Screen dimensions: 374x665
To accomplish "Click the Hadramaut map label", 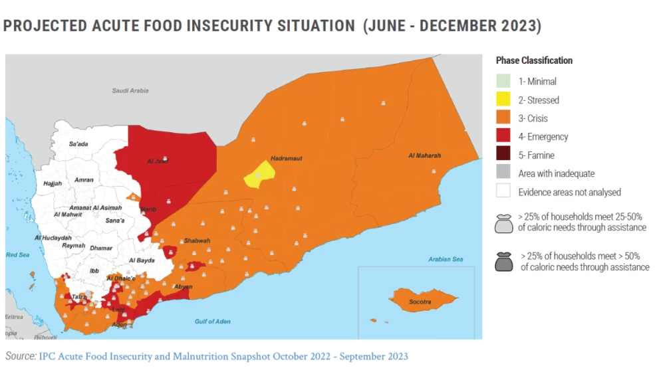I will (x=287, y=159).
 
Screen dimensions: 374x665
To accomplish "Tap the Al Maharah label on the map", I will (x=424, y=155).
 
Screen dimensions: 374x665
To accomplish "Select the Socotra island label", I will (x=420, y=302).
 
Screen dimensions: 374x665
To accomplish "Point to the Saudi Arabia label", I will (x=130, y=90).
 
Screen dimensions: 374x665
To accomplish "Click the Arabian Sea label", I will (x=445, y=259).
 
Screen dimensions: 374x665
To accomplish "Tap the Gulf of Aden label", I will (x=213, y=322).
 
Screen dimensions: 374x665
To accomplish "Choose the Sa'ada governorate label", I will (x=78, y=143).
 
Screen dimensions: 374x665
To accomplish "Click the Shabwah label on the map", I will (x=198, y=240).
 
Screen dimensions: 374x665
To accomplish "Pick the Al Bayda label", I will (x=142, y=260).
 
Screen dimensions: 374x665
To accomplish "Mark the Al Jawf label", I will (x=158, y=161).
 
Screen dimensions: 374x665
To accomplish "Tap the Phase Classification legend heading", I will (x=534, y=60).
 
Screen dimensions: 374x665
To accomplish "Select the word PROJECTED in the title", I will (x=45, y=26).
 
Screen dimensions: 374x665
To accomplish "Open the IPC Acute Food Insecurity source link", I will (x=223, y=357).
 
